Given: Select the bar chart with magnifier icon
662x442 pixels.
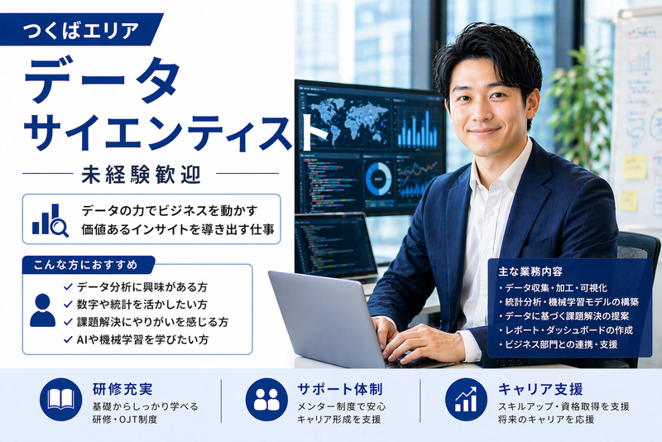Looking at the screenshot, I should (x=50, y=219).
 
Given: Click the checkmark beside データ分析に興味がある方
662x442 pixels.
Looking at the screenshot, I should (x=68, y=286).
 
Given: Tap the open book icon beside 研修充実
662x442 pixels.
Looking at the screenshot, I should (x=60, y=400).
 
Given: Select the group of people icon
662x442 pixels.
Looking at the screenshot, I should (x=266, y=400).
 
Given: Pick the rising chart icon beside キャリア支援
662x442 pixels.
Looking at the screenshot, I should (x=466, y=400).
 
